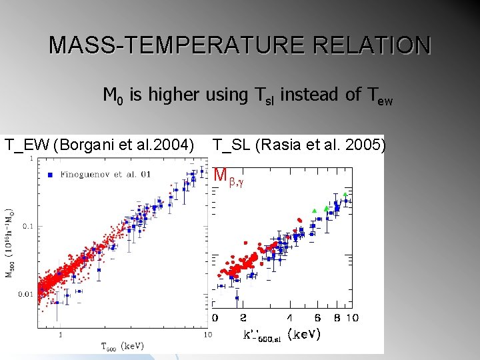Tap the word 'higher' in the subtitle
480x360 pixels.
tap(173, 95)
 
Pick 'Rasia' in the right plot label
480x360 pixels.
tap(287, 144)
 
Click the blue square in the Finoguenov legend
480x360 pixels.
tap(51, 174)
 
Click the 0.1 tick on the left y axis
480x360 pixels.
tap(27, 226)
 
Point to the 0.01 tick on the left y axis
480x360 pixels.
tap(25, 294)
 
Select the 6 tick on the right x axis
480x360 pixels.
tap(317, 318)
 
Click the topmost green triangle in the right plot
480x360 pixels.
tap(345, 194)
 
